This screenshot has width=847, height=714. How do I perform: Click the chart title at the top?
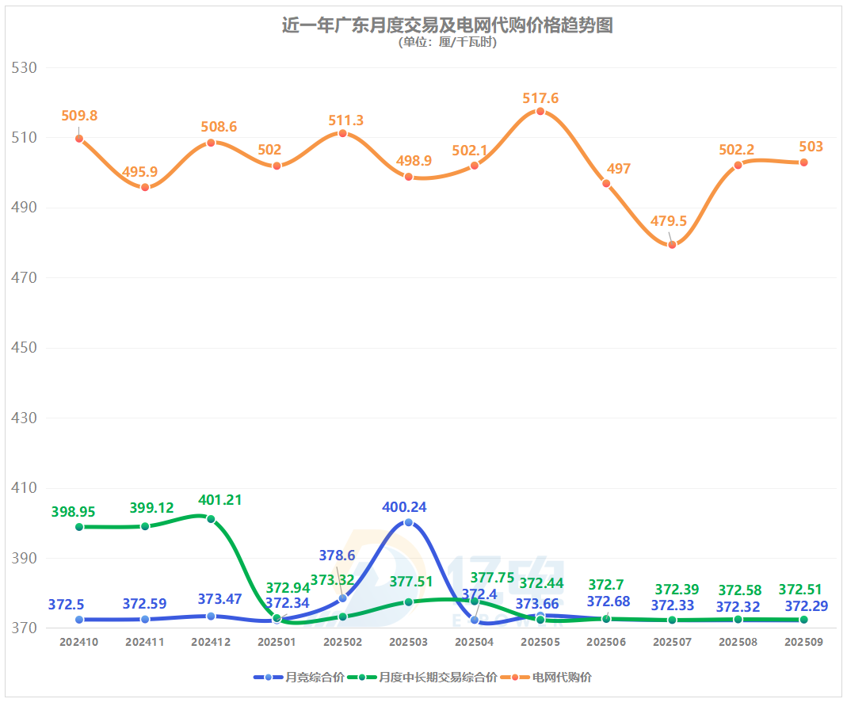447,25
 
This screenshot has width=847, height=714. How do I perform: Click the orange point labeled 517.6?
540,111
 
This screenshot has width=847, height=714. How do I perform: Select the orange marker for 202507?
672,244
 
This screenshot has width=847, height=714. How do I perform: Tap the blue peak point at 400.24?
409,522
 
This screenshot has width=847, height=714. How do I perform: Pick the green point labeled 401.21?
211,519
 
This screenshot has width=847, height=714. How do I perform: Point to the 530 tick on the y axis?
25,68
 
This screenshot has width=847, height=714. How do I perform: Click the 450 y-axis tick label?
25,349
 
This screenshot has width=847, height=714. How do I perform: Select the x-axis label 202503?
409,643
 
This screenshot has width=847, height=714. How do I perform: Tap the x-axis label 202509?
803,643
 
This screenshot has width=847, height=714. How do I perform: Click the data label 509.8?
79,116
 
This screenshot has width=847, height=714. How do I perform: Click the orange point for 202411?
145,187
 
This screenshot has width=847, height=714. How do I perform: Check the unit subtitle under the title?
447,43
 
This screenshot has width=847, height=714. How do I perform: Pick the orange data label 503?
811,147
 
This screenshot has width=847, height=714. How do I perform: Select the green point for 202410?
79,527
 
